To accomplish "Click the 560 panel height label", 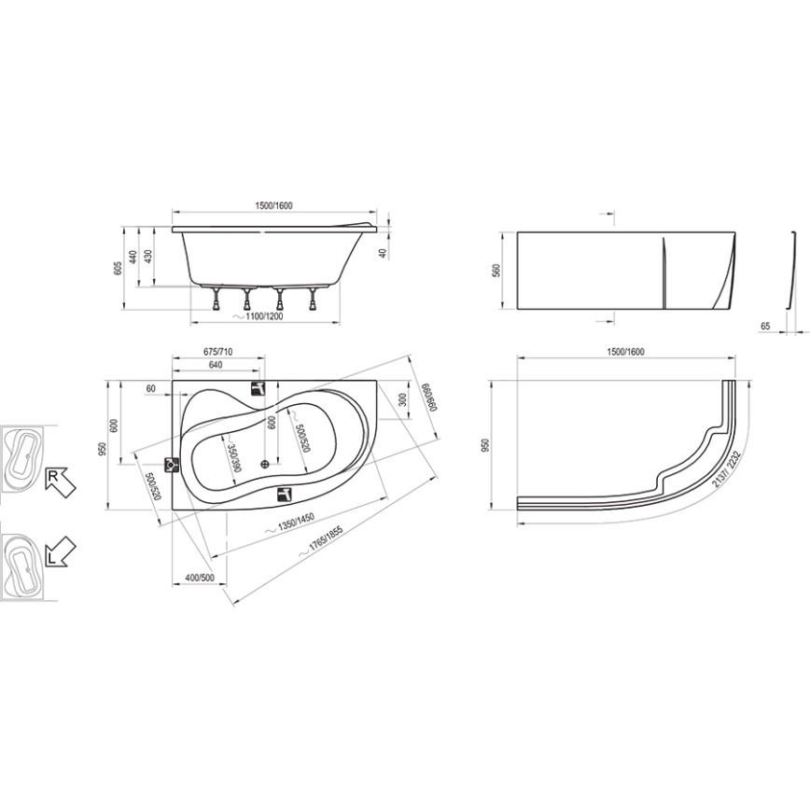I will pyautogui.click(x=496, y=271).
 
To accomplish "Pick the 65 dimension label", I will pyautogui.click(x=765, y=327).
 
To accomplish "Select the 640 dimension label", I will pyautogui.click(x=216, y=365).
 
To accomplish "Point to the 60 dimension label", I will pyautogui.click(x=150, y=387).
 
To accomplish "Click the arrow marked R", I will pyautogui.click(x=59, y=481).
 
